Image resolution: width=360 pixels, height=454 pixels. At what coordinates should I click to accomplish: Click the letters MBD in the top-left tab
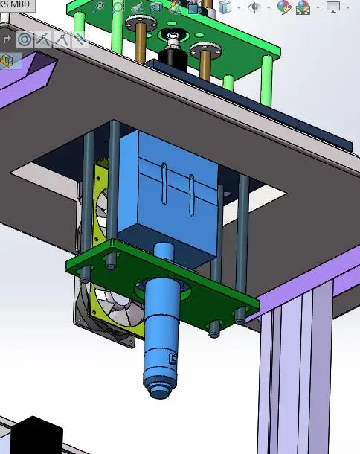point(19,4)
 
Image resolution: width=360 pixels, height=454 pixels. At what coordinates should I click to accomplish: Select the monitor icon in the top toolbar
point(333,7)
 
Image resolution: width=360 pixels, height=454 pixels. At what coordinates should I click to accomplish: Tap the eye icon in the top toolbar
point(254,7)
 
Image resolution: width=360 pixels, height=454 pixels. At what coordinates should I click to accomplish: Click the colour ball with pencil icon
point(284,7)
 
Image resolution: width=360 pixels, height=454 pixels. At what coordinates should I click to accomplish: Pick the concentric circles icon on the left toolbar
point(25,39)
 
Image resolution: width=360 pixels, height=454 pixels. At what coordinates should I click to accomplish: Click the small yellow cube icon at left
point(7,61)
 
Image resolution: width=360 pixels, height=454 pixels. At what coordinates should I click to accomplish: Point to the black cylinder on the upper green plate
point(173,59)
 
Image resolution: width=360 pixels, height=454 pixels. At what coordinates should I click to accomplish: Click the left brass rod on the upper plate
point(141,42)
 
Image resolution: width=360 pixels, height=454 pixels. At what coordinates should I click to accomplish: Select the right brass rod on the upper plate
point(205,65)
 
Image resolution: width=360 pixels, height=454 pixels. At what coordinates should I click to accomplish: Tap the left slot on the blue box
point(164,183)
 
